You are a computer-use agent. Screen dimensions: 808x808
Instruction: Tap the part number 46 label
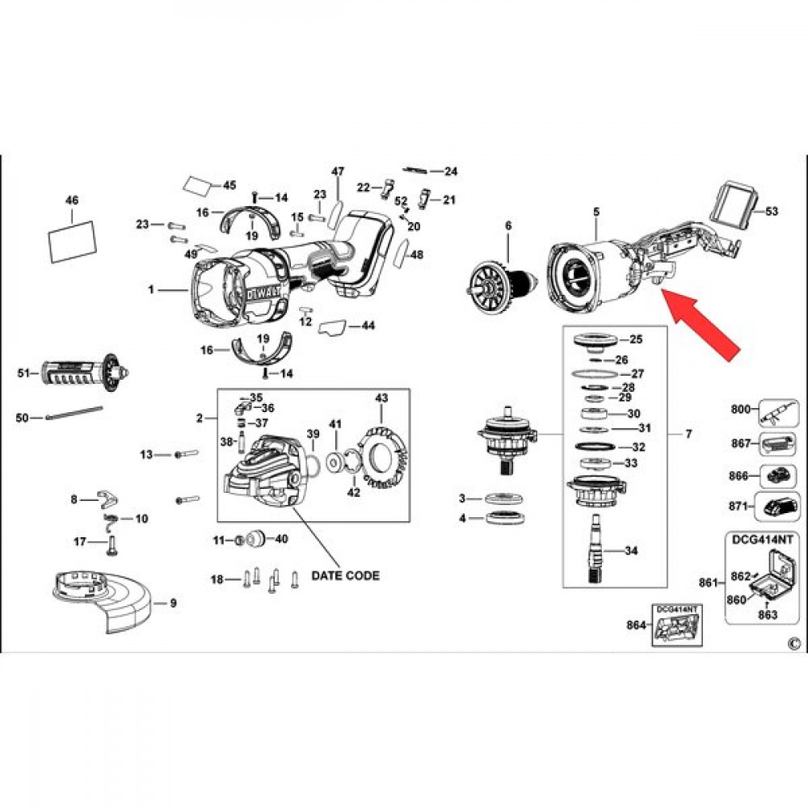click(x=72, y=200)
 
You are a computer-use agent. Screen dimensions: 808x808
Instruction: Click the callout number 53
click(x=772, y=212)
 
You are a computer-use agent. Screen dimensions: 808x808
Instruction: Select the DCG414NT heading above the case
click(x=761, y=537)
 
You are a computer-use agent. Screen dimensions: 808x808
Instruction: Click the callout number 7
click(x=688, y=436)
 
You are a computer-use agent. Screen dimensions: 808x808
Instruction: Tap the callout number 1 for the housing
click(x=151, y=289)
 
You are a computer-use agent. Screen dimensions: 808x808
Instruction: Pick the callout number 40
click(x=282, y=539)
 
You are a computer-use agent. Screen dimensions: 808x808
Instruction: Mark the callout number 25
click(x=635, y=339)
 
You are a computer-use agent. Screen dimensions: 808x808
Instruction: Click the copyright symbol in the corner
click(x=791, y=643)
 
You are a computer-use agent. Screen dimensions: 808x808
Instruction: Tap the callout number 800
click(x=740, y=410)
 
